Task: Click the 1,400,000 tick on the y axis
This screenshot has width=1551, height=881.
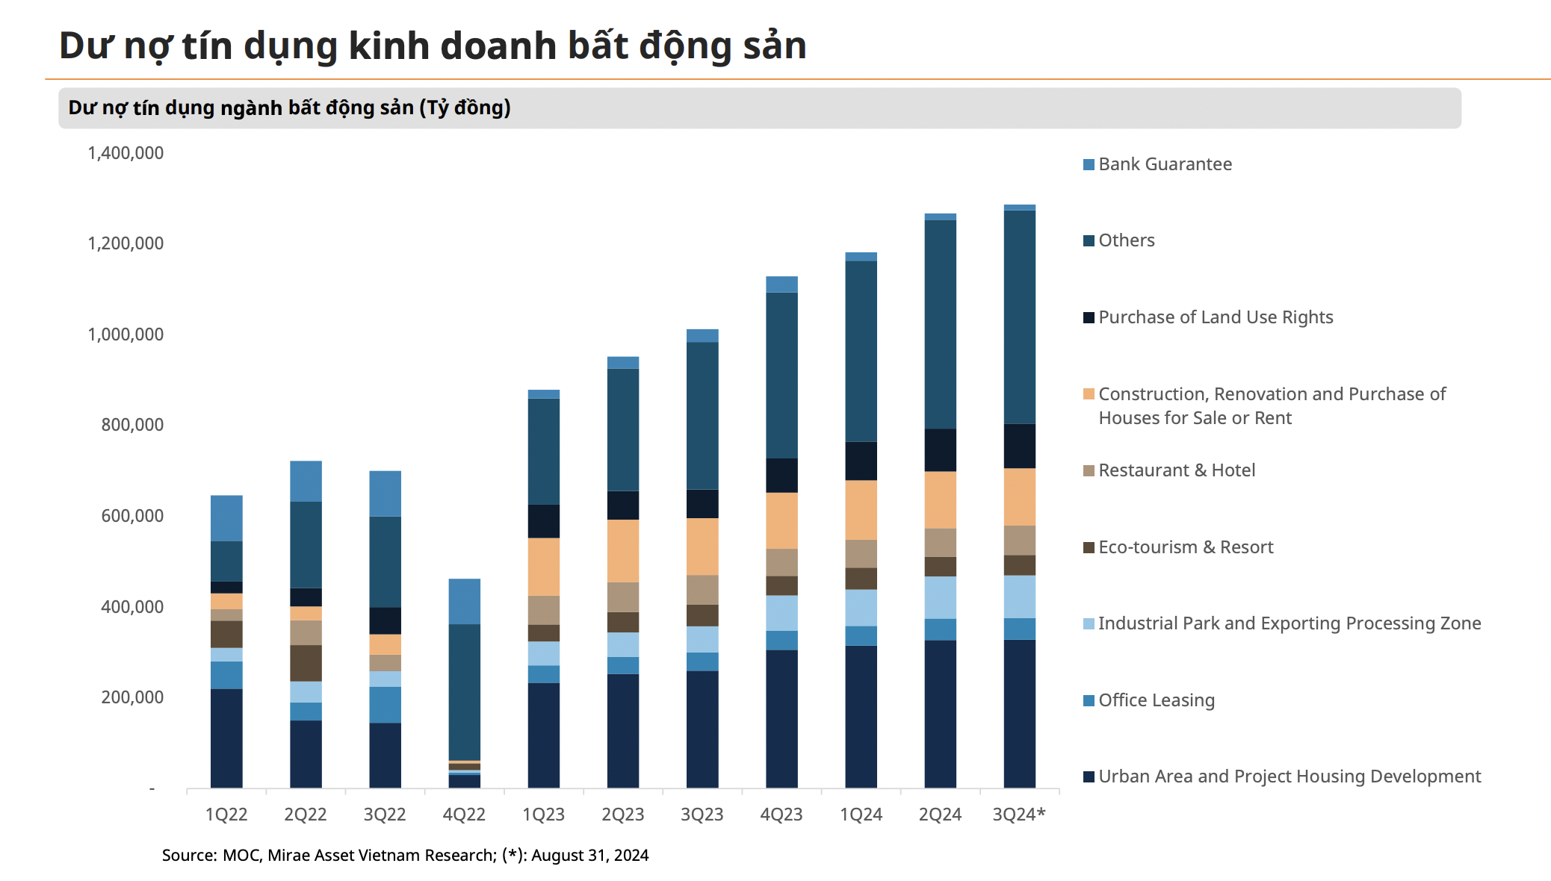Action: coord(126,153)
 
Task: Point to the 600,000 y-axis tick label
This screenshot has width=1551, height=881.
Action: coord(132,516)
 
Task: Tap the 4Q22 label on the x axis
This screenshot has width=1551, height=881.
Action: coord(464,815)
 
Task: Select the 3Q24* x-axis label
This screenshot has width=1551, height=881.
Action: coord(1019,815)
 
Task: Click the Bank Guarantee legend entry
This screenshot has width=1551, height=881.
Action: coord(1165,164)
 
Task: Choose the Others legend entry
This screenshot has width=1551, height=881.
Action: coord(1126,240)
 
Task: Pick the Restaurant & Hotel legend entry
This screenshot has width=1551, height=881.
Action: coord(1176,470)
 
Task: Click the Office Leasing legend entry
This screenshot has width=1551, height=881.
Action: coord(1156,700)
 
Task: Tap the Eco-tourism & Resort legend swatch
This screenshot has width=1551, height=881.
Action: coord(1089,547)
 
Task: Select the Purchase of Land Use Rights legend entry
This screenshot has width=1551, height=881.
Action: coord(1215,317)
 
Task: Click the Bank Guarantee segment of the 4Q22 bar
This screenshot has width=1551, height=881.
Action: coord(464,601)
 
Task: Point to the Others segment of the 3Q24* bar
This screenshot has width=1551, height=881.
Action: coord(1019,317)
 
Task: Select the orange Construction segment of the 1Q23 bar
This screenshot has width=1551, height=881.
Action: coord(543,567)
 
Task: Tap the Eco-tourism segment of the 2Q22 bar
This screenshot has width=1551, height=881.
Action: coord(306,663)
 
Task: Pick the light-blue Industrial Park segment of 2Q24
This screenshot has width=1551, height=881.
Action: coord(940,597)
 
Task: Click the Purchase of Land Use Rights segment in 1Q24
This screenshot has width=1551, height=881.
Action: coord(861,461)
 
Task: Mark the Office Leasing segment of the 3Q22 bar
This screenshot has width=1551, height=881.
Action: coord(385,705)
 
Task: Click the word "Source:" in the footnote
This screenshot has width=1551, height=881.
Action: coord(190,856)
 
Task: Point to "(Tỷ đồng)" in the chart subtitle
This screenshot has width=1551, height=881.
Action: coord(465,108)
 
